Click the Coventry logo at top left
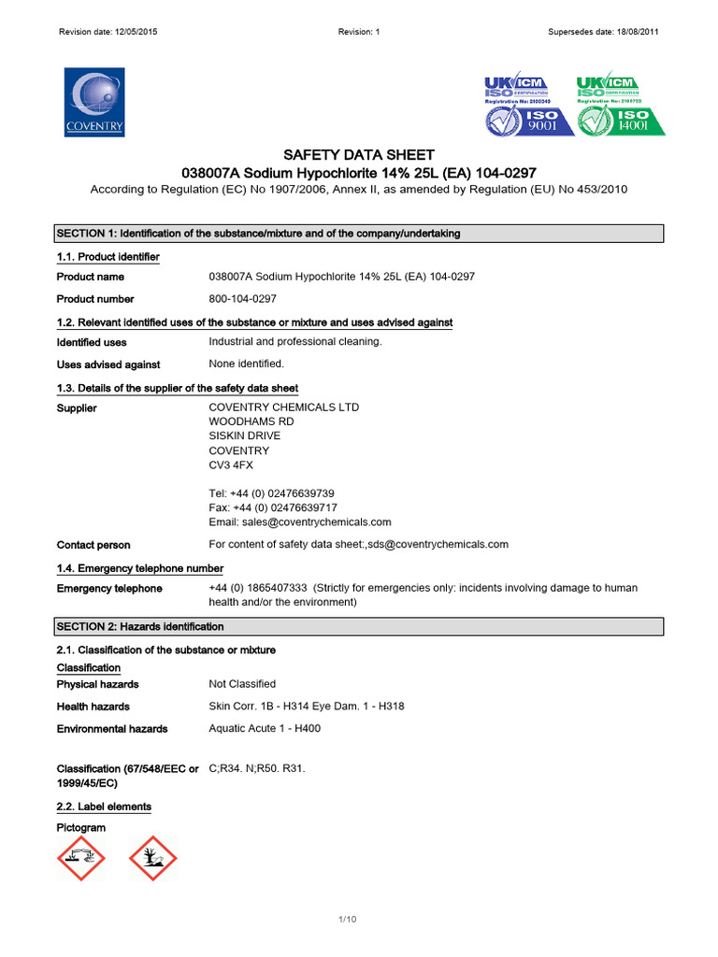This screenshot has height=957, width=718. [93, 102]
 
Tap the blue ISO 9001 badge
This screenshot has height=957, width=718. [528, 105]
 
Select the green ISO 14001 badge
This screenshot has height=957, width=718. [621, 105]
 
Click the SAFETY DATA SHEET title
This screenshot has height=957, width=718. [359, 154]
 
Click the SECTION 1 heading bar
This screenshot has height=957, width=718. [359, 234]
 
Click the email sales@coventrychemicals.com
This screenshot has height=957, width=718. [299, 522]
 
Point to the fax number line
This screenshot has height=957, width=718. [272, 507]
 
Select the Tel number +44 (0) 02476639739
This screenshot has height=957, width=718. [271, 493]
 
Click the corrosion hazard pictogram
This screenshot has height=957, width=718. [81, 858]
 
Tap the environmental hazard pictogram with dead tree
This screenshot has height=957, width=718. [152, 858]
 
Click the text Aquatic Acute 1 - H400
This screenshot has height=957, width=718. [265, 728]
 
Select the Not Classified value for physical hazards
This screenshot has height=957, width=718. [242, 684]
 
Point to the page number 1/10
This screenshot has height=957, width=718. [348, 920]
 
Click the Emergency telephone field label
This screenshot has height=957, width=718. [109, 589]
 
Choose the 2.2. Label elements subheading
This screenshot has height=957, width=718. [104, 807]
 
